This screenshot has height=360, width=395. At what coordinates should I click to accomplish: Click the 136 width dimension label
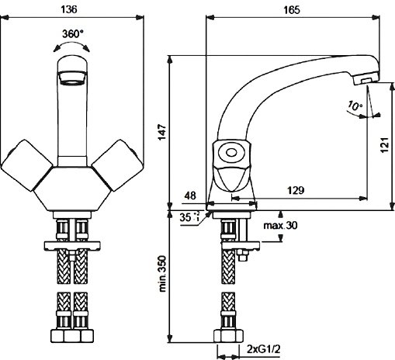pyautogui.click(x=69, y=9)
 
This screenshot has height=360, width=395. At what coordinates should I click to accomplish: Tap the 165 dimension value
pyautogui.click(x=292, y=10)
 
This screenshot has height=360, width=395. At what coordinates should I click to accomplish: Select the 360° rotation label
pyautogui.click(x=73, y=33)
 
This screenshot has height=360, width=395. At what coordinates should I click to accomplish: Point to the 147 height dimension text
pyautogui.click(x=162, y=132)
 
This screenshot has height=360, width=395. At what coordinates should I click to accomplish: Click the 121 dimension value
pyautogui.click(x=385, y=145)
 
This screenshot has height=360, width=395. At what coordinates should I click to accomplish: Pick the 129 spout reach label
pyautogui.click(x=296, y=190)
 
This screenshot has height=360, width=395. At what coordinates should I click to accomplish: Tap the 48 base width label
pyautogui.click(x=190, y=196)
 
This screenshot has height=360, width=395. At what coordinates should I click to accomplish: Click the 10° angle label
pyautogui.click(x=355, y=105)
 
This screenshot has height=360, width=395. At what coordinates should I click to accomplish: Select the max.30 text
pyautogui.click(x=280, y=226)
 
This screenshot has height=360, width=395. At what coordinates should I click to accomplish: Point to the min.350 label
pyautogui.click(x=162, y=274)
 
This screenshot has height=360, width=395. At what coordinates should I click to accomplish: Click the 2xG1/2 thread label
pyautogui.click(x=263, y=350)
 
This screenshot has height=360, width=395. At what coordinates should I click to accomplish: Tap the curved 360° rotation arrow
pyautogui.click(x=71, y=45)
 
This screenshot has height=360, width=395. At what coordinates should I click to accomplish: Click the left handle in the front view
pyautogui.click(x=26, y=165)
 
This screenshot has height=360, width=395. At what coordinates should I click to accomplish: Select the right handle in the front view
pyautogui.click(x=118, y=165)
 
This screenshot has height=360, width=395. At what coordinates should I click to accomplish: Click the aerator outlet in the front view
pyautogui.click(x=72, y=78)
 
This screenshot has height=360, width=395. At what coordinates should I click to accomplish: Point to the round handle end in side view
pyautogui.click(x=231, y=152)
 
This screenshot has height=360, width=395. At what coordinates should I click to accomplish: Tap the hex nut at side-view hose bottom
pyautogui.click(x=229, y=336)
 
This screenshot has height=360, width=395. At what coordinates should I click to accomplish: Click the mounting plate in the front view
pyautogui.click(x=72, y=246)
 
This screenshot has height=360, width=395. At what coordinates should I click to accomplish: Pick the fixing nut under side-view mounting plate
pyautogui.click(x=242, y=256)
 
